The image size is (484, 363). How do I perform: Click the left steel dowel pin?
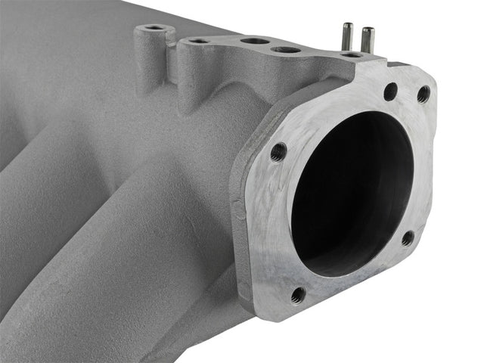click(x=347, y=36)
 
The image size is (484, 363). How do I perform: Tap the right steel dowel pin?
click(x=368, y=39)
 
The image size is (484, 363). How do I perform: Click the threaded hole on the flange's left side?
click(x=278, y=151)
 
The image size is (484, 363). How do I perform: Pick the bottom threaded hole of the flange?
click(x=298, y=293)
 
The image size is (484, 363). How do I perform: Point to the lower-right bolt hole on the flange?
click(x=407, y=238)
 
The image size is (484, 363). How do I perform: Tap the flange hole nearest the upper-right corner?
click(x=423, y=94)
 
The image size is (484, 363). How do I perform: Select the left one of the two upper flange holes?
click(x=390, y=92)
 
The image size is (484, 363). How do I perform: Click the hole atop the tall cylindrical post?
click(x=156, y=28)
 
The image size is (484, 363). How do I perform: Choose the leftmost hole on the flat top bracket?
click(x=199, y=39)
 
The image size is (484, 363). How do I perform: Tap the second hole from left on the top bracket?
click(x=255, y=40)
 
